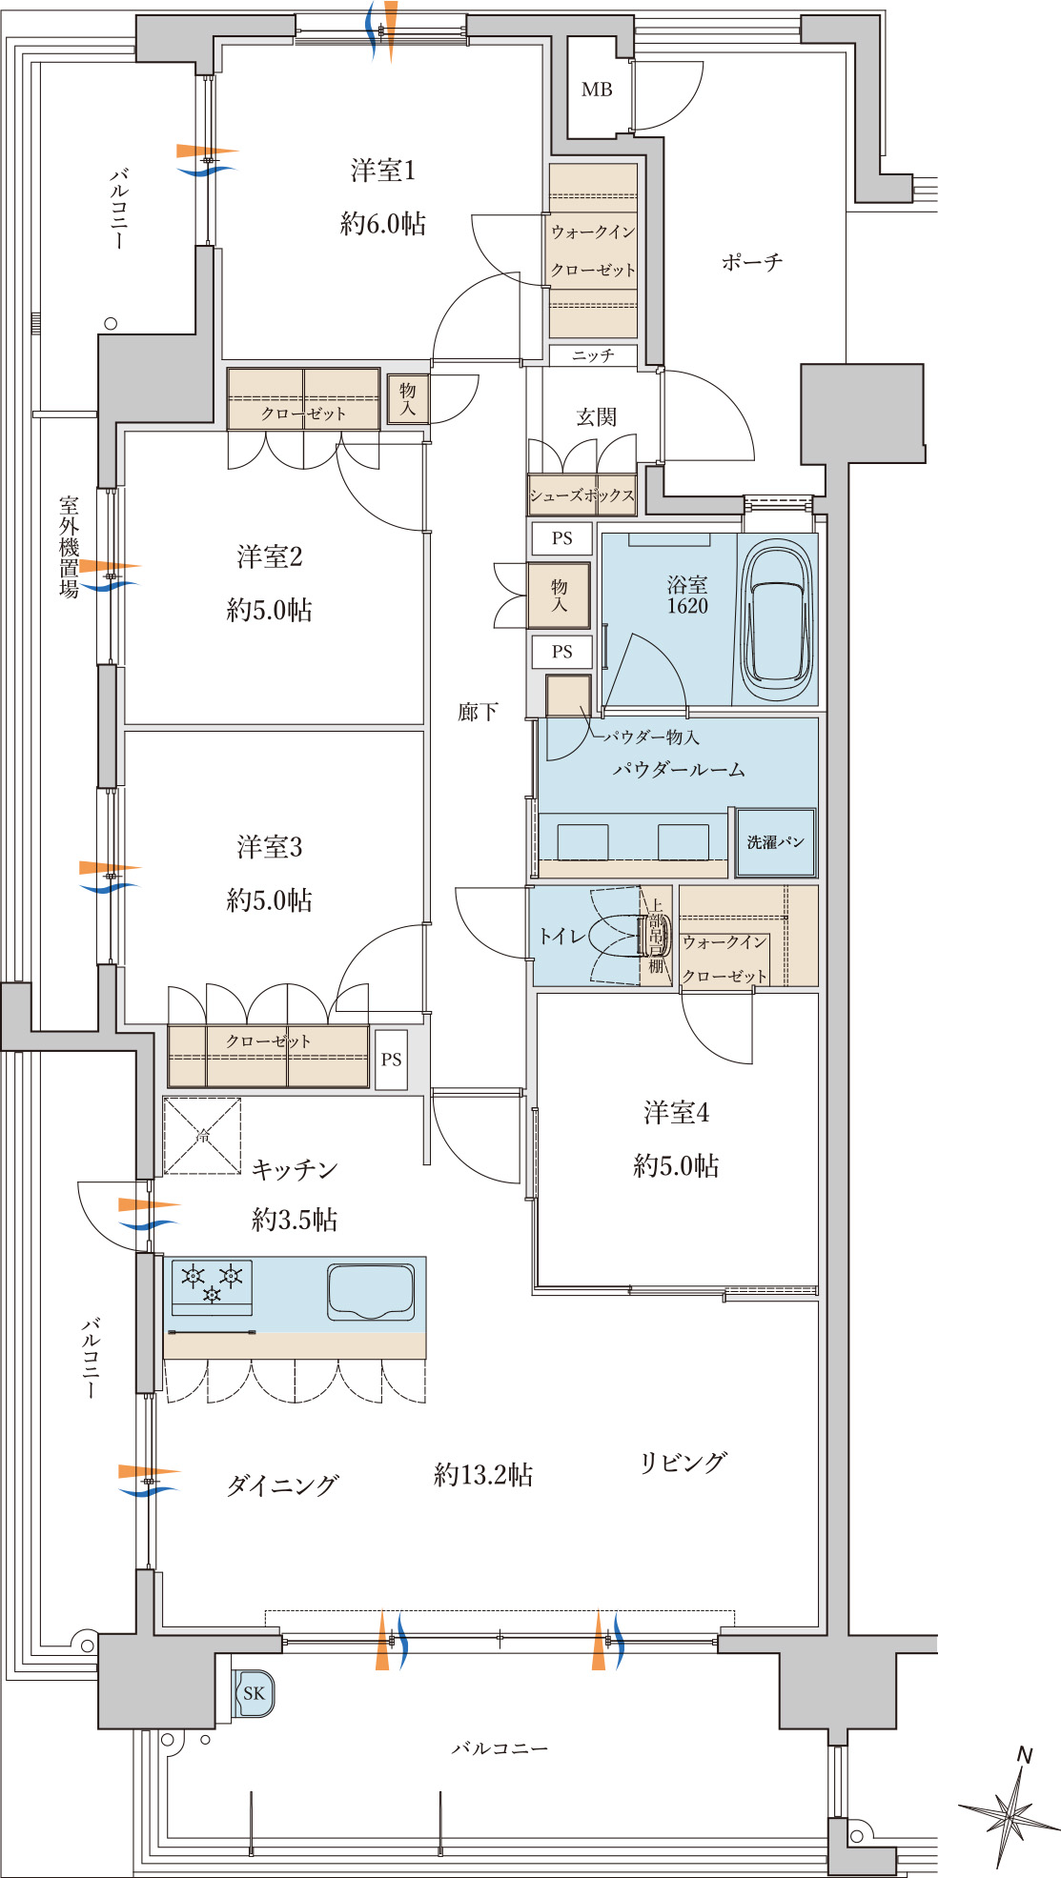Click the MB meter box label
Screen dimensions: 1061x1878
click(x=597, y=90)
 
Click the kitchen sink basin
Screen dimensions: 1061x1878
click(x=371, y=1292)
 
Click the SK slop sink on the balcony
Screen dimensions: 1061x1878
click(x=254, y=1693)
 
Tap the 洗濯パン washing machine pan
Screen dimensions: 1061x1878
click(x=775, y=842)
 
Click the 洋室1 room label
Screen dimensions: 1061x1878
click(x=382, y=171)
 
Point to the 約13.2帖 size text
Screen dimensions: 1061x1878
click(x=483, y=1475)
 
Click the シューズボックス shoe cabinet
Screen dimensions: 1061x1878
click(x=582, y=495)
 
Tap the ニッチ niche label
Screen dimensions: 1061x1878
click(x=593, y=355)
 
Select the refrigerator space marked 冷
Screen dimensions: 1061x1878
click(x=202, y=1136)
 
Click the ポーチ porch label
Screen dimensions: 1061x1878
click(x=751, y=261)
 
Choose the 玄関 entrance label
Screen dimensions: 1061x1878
click(x=596, y=416)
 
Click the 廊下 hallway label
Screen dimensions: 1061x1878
click(x=478, y=712)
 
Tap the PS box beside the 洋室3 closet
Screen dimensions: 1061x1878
click(x=391, y=1060)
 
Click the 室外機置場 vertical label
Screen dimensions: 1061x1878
click(x=69, y=547)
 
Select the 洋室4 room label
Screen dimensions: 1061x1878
click(x=676, y=1112)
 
